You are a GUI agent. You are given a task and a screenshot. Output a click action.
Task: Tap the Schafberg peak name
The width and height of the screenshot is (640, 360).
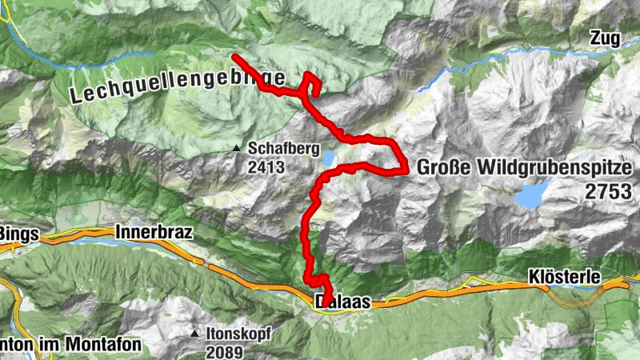[x=283, y=149]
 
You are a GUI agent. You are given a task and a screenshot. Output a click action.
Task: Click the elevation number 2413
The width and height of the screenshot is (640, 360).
[x=266, y=167]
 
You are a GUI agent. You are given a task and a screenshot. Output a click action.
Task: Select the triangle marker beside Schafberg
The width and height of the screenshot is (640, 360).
[x=236, y=149]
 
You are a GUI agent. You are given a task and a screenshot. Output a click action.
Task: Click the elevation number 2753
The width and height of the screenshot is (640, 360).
[x=607, y=191]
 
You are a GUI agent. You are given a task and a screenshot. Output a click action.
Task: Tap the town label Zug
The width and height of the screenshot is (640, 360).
[x=606, y=37]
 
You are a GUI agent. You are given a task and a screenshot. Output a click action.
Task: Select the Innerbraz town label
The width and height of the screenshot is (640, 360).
[x=154, y=233]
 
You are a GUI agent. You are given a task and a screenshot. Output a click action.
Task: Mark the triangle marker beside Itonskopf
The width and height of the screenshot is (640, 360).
[x=196, y=333]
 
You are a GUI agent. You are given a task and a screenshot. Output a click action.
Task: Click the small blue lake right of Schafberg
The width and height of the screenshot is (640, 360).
[x=330, y=159]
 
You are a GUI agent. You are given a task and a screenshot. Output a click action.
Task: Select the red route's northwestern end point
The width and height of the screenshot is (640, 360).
[x=234, y=56]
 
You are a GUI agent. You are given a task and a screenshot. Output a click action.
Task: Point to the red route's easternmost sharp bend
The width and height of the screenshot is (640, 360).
[x=406, y=169]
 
